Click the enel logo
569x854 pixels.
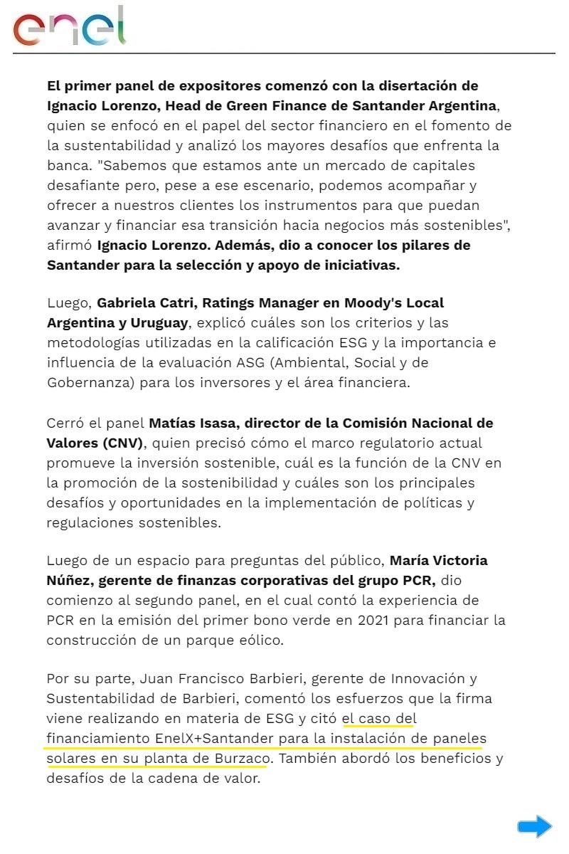pos(69,27)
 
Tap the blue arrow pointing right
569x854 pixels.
pos(534,826)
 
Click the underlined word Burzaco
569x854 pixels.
pos(240,759)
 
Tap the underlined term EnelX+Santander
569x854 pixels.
pos(207,739)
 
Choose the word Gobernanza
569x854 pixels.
pos(90,383)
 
